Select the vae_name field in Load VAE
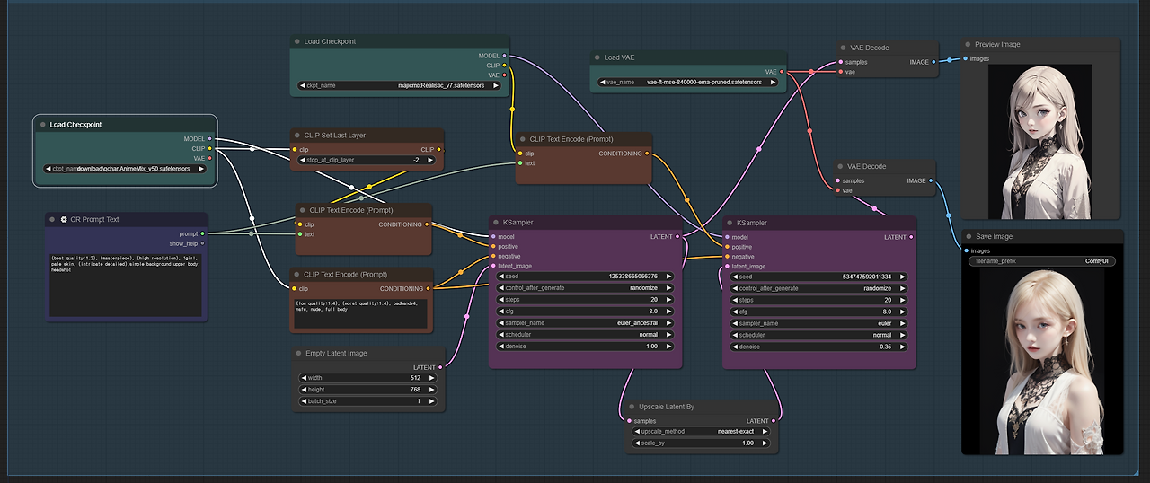pos(688,82)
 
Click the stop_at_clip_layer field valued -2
pos(368,160)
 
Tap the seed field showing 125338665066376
pos(584,276)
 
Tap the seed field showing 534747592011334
pos(818,277)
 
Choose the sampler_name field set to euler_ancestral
pos(584,323)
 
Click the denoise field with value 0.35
pos(818,347)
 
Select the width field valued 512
pos(368,378)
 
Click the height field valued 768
pos(368,390)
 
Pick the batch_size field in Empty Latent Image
pos(368,401)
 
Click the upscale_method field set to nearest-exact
pos(701,431)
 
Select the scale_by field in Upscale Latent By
pos(701,443)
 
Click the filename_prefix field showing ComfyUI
pos(1042,261)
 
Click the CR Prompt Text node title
pos(94,219)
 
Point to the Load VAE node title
pos(619,57)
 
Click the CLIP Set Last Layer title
pos(334,136)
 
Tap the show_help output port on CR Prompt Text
pos(202,243)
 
